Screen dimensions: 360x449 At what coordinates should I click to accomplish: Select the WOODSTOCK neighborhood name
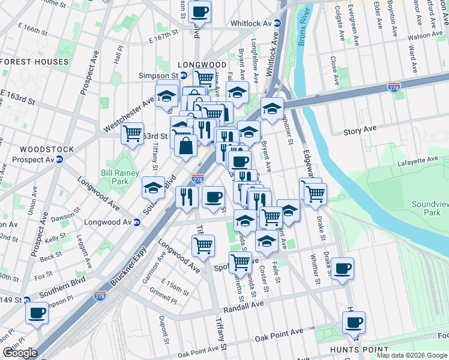click(x=46, y=149)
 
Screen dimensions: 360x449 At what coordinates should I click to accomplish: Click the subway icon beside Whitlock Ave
click(x=278, y=23)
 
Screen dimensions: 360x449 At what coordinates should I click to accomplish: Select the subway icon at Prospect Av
click(x=59, y=160)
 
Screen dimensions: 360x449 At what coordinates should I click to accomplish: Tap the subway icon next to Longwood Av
click(x=137, y=223)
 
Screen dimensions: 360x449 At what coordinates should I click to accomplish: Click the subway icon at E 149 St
click(x=27, y=300)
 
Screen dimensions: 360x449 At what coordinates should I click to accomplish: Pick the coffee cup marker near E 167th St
click(x=200, y=11)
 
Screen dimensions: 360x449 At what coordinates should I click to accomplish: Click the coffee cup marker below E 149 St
click(x=37, y=313)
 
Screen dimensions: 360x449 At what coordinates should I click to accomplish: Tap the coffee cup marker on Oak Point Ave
click(x=354, y=323)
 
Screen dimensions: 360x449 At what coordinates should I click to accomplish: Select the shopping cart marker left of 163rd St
click(x=132, y=133)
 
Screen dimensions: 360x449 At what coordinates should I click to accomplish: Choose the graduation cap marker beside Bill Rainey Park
click(x=154, y=187)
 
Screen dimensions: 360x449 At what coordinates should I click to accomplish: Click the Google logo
click(x=20, y=353)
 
